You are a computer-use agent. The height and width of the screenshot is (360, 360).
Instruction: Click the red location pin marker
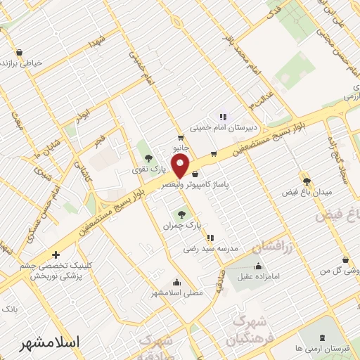pos(181,166)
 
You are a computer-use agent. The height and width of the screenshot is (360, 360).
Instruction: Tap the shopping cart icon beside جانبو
pos(181,138)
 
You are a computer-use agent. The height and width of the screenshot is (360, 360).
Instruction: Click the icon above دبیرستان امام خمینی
pos(223,117)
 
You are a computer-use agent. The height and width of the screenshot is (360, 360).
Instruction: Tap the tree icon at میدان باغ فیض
pos(306,181)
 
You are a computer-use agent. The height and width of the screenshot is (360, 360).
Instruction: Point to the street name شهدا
pos(97,40)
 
